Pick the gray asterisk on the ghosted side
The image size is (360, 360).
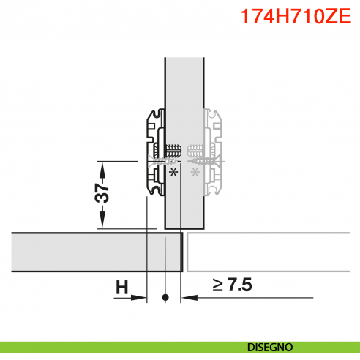coord(195,173)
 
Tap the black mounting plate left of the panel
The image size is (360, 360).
coord(154,154)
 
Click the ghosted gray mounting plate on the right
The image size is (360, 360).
coord(213,154)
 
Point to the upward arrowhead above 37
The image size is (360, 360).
coord(103,167)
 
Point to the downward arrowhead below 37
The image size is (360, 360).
coord(103,223)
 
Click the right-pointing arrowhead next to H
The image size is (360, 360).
coord(142,298)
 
